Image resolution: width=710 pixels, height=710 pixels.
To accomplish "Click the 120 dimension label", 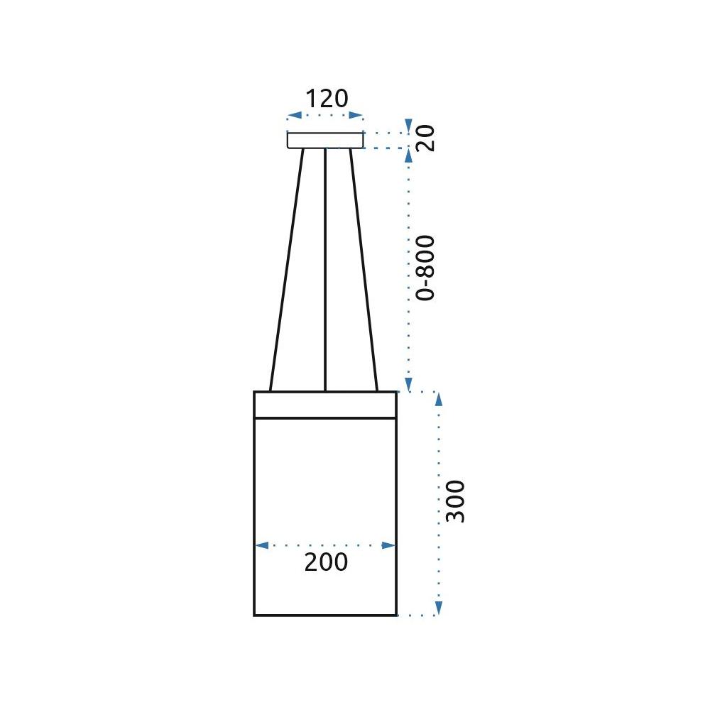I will coord(327,98).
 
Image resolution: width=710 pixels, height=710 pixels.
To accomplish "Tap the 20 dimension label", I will coord(425,138).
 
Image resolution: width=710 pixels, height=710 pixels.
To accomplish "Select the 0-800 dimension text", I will coord(425,268).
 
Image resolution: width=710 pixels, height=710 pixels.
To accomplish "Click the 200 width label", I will coord(326,562).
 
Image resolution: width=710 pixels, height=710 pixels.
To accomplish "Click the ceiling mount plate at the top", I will coord(325,140).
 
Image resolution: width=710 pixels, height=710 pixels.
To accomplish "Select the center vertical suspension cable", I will coord(325,270).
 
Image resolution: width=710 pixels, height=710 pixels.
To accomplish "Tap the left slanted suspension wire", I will coord(286,270).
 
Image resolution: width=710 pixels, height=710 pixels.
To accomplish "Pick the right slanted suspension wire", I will coord(364,270).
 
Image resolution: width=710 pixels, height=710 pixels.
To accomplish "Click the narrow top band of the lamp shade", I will coord(324,405).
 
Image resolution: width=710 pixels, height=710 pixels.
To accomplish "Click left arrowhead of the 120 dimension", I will coord(292,116).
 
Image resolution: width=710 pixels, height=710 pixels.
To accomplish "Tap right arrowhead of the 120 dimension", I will coord(359,116).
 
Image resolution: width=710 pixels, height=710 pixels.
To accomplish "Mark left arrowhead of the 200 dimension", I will coord(261,545).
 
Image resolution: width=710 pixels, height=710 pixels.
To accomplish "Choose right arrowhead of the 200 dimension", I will coord(389,545).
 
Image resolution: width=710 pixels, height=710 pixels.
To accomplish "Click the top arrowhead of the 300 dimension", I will coord(438,398).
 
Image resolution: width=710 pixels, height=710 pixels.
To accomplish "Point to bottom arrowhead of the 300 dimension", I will coord(438,609).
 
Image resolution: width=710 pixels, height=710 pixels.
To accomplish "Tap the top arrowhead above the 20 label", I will coord(408,125).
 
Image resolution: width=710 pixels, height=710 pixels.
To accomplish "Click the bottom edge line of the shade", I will coord(324,615).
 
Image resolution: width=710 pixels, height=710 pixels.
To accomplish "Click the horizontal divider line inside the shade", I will coord(324,418).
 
